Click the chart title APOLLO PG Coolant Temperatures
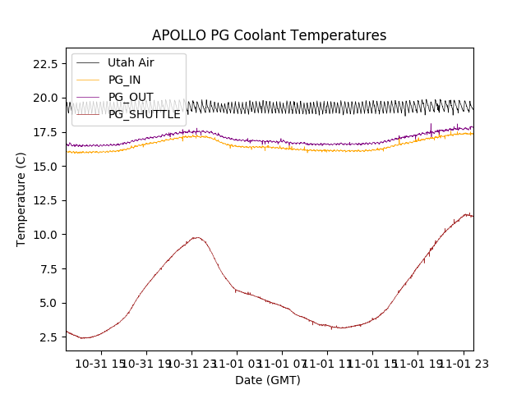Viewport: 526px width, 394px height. click(269, 36)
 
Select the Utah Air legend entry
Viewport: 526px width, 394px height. click(130, 62)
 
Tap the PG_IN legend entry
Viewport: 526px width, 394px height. click(124, 80)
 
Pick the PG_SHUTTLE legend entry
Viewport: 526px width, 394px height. click(144, 114)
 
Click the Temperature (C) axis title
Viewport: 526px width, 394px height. click(21, 199)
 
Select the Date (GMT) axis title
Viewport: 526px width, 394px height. click(268, 380)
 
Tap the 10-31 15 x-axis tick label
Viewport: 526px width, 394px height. click(103, 364)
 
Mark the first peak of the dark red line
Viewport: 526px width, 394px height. click(196, 237)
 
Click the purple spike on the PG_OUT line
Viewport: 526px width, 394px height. click(431, 125)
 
